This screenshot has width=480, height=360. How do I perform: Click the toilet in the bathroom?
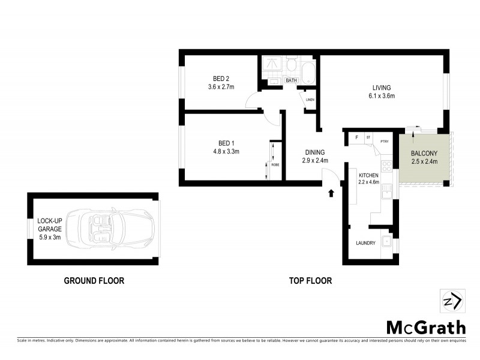(292, 64)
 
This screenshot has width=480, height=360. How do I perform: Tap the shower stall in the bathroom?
(271, 66)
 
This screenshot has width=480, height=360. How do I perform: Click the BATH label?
(292, 80)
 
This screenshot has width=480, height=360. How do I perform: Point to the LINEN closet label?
(310, 100)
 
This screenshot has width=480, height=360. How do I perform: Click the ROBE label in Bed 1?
(275, 164)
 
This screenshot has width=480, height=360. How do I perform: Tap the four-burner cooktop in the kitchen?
(386, 163)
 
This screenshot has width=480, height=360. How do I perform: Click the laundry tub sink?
(388, 245)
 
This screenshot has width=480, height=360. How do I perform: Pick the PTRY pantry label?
(384, 142)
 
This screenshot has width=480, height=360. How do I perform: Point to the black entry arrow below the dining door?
(331, 193)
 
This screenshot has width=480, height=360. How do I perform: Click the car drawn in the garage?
(109, 229)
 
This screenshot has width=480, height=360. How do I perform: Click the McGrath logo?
(425, 327)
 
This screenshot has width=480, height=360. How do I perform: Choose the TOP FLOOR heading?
(310, 280)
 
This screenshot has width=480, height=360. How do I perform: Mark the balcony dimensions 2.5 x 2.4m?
(424, 161)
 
